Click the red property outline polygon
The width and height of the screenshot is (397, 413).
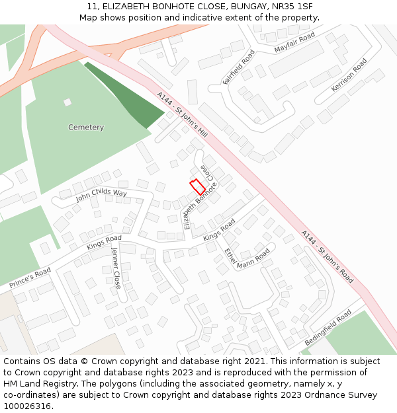[197, 187]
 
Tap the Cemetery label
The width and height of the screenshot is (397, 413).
[86, 128]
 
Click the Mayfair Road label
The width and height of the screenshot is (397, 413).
[294, 44]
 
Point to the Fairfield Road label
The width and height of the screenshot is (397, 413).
[238, 67]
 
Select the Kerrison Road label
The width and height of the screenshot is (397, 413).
[349, 75]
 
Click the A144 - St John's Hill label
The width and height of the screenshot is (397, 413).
[182, 115]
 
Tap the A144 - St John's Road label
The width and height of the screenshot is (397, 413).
[327, 256]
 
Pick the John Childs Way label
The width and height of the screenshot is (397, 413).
[101, 194]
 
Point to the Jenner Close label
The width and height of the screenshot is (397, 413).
[116, 268]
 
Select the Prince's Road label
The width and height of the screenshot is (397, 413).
[30, 278]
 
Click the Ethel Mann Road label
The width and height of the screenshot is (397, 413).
[247, 257]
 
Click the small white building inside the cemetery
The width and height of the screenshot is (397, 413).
[67, 102]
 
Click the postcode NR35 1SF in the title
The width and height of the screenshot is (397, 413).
[292, 7]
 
